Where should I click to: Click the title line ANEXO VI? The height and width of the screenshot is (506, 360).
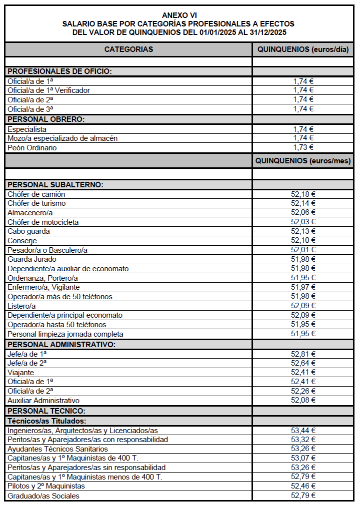pyautogui.click(x=179, y=15)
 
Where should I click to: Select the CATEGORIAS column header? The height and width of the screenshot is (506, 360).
pyautogui.click(x=128, y=49)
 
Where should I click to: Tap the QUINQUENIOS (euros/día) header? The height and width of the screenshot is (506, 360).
pyautogui.click(x=303, y=49)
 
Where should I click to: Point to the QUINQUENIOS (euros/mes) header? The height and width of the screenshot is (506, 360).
pyautogui.click(x=303, y=161)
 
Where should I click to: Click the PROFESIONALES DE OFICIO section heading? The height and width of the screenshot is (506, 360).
pyautogui.click(x=59, y=71)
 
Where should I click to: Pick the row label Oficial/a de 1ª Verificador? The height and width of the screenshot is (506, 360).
pyautogui.click(x=48, y=90)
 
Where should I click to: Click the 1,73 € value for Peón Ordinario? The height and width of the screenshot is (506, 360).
pyautogui.click(x=303, y=147)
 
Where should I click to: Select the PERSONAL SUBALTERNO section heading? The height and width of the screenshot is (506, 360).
pyautogui.click(x=55, y=185)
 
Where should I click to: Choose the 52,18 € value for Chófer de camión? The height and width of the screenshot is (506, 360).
pyautogui.click(x=303, y=194)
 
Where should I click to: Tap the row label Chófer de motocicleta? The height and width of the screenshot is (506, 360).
pyautogui.click(x=43, y=222)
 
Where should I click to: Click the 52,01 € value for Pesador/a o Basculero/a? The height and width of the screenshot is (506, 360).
pyautogui.click(x=303, y=250)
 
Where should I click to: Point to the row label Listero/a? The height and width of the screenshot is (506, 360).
pyautogui.click(x=21, y=306)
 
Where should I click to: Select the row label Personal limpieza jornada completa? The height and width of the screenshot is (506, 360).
pyautogui.click(x=65, y=334)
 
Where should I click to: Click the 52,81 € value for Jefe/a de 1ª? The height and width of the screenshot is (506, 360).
pyautogui.click(x=303, y=354)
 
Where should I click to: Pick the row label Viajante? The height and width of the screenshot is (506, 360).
pyautogui.click(x=21, y=372)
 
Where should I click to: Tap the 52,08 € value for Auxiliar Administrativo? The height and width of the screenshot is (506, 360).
pyautogui.click(x=303, y=400)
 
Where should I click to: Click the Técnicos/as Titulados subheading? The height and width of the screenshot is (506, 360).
pyautogui.click(x=47, y=421)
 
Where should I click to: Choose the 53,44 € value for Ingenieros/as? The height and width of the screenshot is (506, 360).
pyautogui.click(x=303, y=430)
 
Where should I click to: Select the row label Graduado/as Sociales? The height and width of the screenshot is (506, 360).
pyautogui.click(x=43, y=496)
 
